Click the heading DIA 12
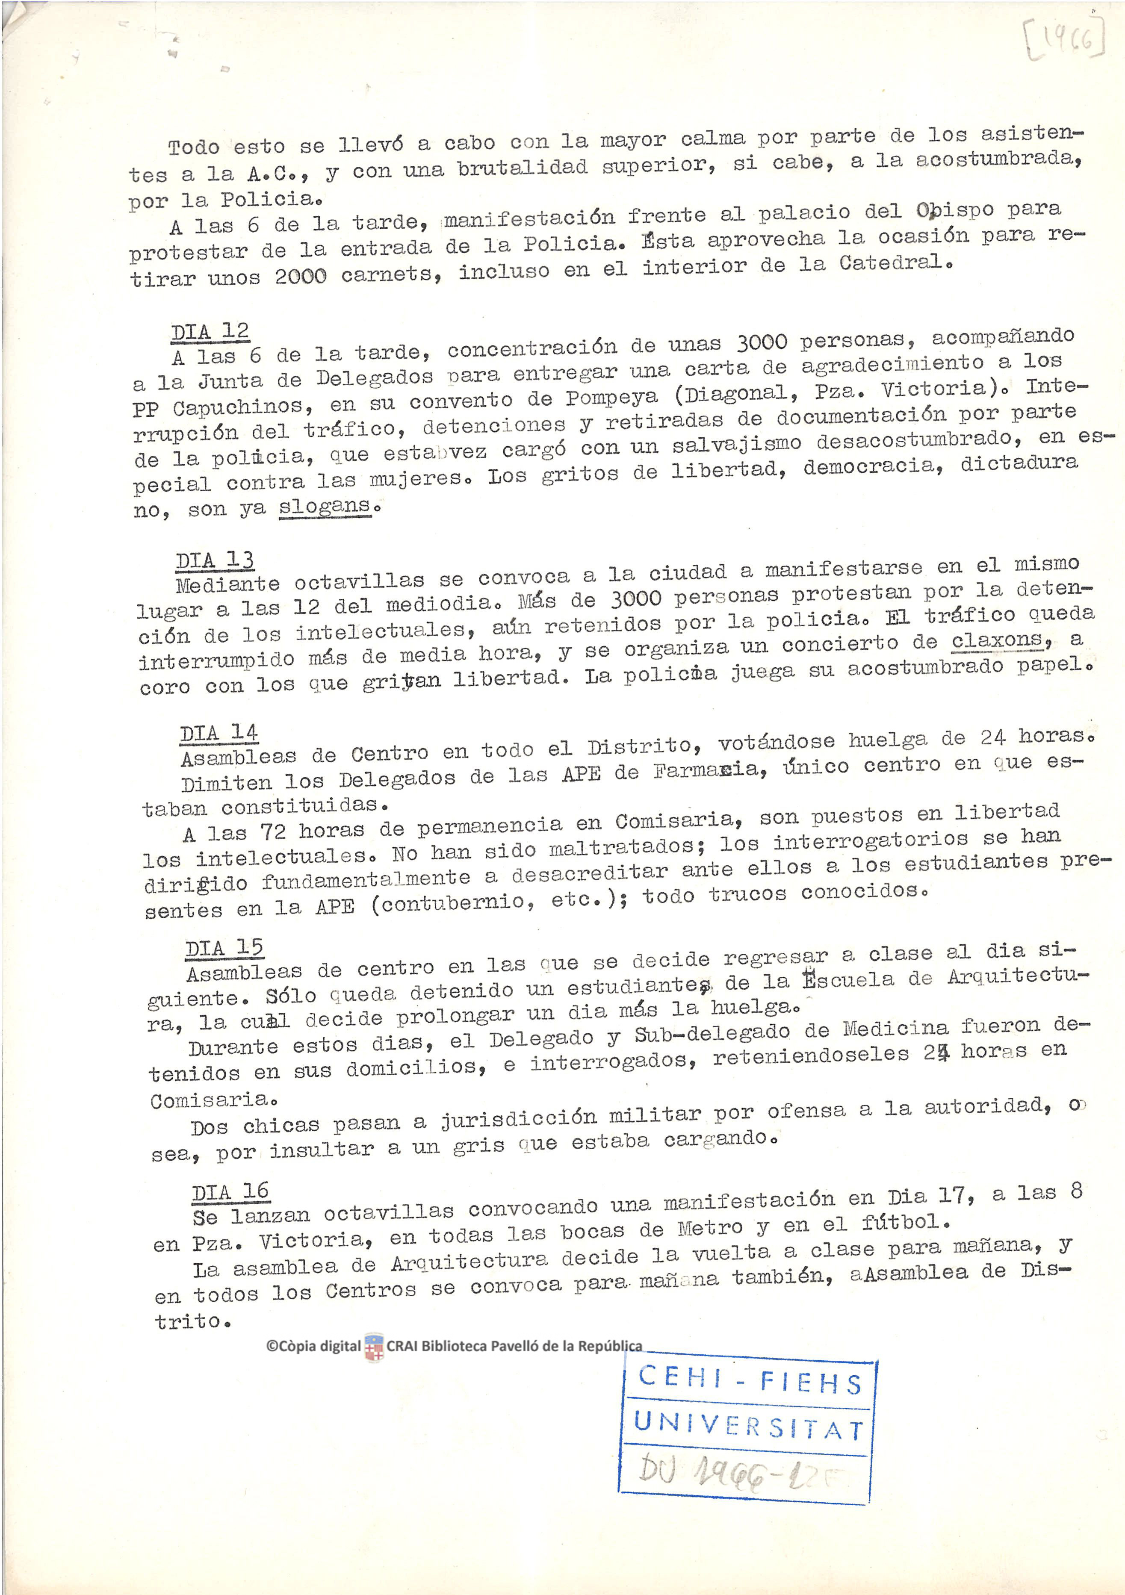click(210, 332)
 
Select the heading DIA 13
click(215, 560)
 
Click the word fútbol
click(905, 1222)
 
